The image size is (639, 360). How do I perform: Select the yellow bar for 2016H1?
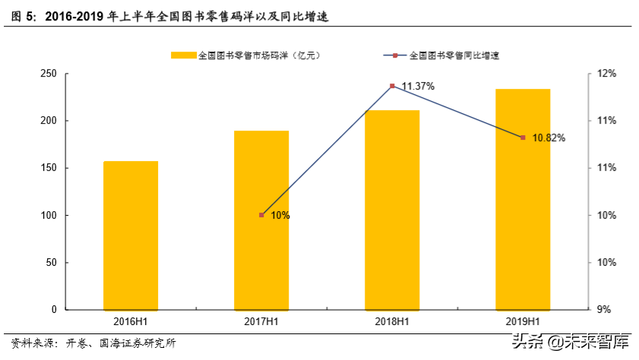[131, 235]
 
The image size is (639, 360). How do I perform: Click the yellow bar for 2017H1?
[261, 220]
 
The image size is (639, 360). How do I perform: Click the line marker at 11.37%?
[392, 86]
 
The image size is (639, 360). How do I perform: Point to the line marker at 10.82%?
[523, 137]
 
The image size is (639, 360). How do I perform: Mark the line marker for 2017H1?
[261, 215]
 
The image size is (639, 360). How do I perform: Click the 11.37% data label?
[418, 87]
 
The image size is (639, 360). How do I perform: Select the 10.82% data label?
[549, 138]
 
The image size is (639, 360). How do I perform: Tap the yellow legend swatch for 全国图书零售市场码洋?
[183, 55]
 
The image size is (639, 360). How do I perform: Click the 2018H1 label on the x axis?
[392, 321]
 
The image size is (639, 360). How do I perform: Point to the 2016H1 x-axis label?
[131, 321]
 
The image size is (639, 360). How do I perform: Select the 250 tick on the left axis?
[49, 74]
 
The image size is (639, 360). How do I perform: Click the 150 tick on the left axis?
[49, 168]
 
